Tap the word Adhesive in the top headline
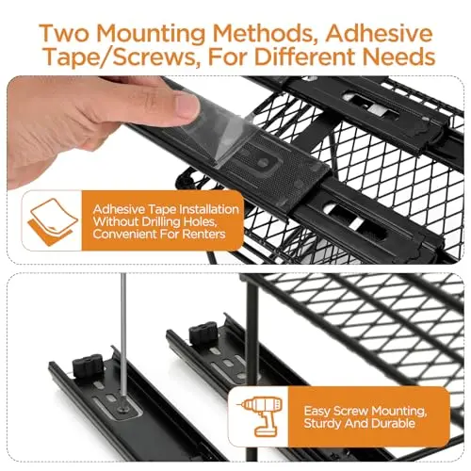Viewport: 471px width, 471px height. coord(379,33)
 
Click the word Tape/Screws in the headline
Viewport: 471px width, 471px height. coord(120,57)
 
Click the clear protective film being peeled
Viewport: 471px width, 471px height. coord(217,132)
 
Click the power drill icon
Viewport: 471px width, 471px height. coord(260,416)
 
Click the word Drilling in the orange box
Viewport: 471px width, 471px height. coord(160,222)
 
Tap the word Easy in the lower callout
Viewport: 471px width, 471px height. coord(317,412)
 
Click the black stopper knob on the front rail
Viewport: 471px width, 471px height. coord(88,365)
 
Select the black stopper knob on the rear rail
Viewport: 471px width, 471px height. coord(203,333)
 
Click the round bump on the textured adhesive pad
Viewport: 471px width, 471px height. coord(263,162)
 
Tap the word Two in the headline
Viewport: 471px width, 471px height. coord(64,33)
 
